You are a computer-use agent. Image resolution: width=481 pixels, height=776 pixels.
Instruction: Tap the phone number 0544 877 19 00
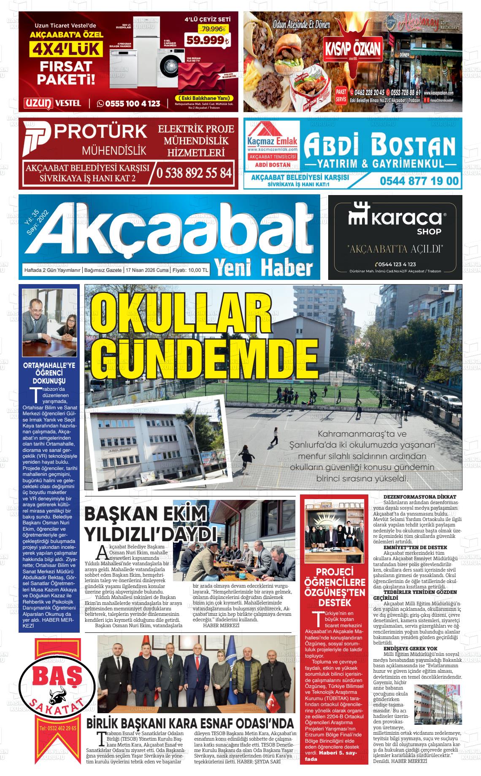(419, 181)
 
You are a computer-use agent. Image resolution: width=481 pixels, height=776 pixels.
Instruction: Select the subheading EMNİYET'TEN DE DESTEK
(415, 548)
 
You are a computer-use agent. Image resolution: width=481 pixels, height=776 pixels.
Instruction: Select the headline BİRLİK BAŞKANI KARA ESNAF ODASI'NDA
(190, 724)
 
